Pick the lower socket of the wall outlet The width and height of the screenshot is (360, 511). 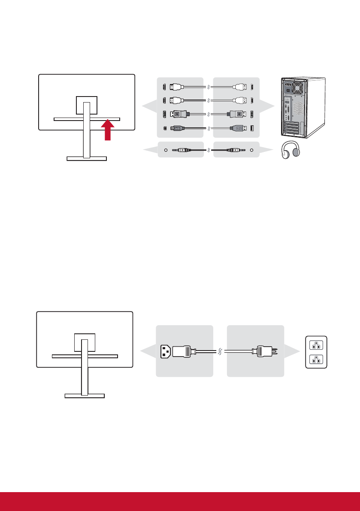click(316, 359)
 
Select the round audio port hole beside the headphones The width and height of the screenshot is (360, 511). click(251, 150)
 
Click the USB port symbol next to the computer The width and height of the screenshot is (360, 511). click(252, 128)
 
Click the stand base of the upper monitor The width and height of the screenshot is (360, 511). click(87, 158)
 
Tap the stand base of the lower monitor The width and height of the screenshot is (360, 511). click(84, 396)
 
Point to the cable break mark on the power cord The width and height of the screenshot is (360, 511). click(220, 351)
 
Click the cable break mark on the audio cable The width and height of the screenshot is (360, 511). click(208, 150)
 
